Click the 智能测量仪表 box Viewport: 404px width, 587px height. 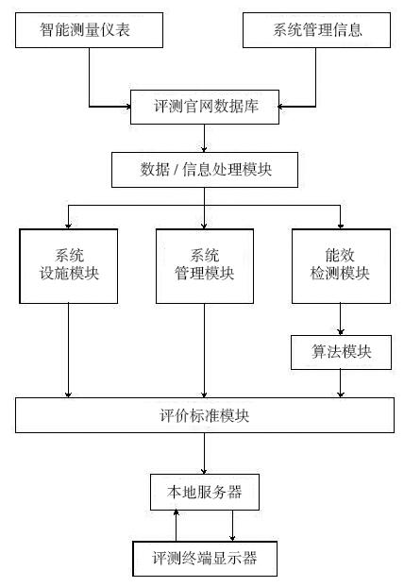pos(89,30)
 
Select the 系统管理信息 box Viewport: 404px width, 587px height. pos(316,30)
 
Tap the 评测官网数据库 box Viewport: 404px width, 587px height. pos(205,107)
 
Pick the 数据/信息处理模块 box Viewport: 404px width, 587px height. pos(205,170)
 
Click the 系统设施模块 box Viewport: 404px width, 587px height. pos(69,266)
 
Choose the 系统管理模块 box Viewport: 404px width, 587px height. pos(205,266)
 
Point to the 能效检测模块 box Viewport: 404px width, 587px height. pos(341,266)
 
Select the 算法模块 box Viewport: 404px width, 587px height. pos(341,352)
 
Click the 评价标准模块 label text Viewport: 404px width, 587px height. pos(205,415)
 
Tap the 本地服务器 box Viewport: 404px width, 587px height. pos(205,492)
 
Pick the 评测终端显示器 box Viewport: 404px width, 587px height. pos(205,559)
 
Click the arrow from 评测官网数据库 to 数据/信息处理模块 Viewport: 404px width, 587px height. pos(205,138)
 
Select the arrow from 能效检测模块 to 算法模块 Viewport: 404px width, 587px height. pos(341,319)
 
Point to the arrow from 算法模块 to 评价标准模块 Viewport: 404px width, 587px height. pos(341,384)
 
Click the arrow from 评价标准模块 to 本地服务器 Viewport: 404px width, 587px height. pos(205,453)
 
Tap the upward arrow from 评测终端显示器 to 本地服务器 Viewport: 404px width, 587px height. pos(176,526)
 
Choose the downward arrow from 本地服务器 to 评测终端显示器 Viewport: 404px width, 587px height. pos(232,526)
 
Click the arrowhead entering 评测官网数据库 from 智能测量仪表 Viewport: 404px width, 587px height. pos(128,107)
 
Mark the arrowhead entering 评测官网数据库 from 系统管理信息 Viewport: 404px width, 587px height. pos(280,107)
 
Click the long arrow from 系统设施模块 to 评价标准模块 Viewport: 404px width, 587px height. pos(68,350)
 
